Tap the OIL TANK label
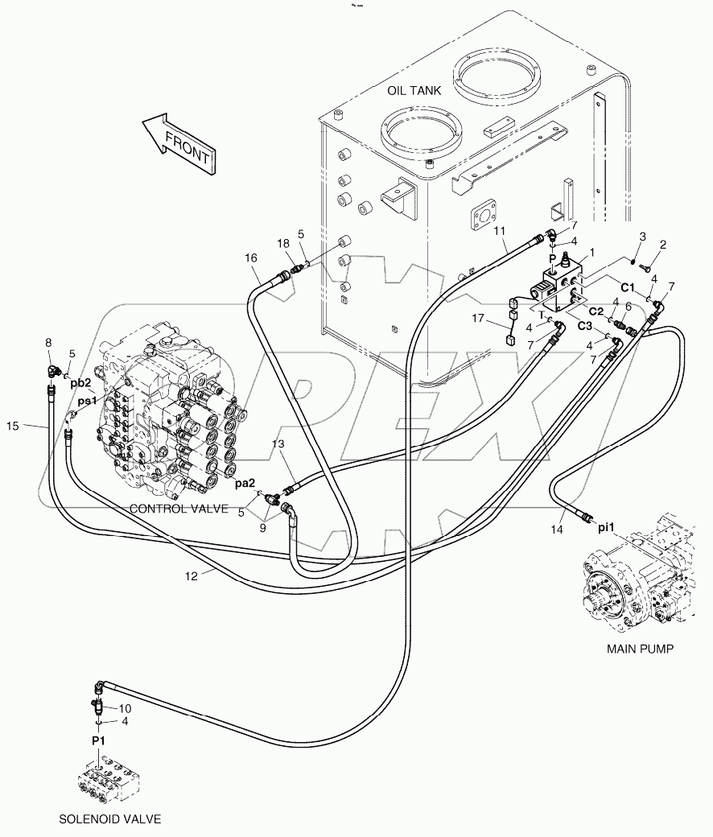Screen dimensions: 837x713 coord(414,90)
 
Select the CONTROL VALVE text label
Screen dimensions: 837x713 coord(179,509)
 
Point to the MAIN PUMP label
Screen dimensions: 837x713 coord(641,648)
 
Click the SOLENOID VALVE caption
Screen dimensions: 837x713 coord(110,819)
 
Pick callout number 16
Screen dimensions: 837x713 coord(251,257)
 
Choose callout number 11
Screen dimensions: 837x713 coord(499,231)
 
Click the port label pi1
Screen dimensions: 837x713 coord(606,528)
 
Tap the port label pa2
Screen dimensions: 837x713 coord(245,484)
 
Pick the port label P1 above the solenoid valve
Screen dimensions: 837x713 coord(98,740)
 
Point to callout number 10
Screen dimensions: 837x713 coord(125,707)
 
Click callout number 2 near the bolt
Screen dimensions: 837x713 coord(662,244)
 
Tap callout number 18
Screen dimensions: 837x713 coord(283,243)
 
